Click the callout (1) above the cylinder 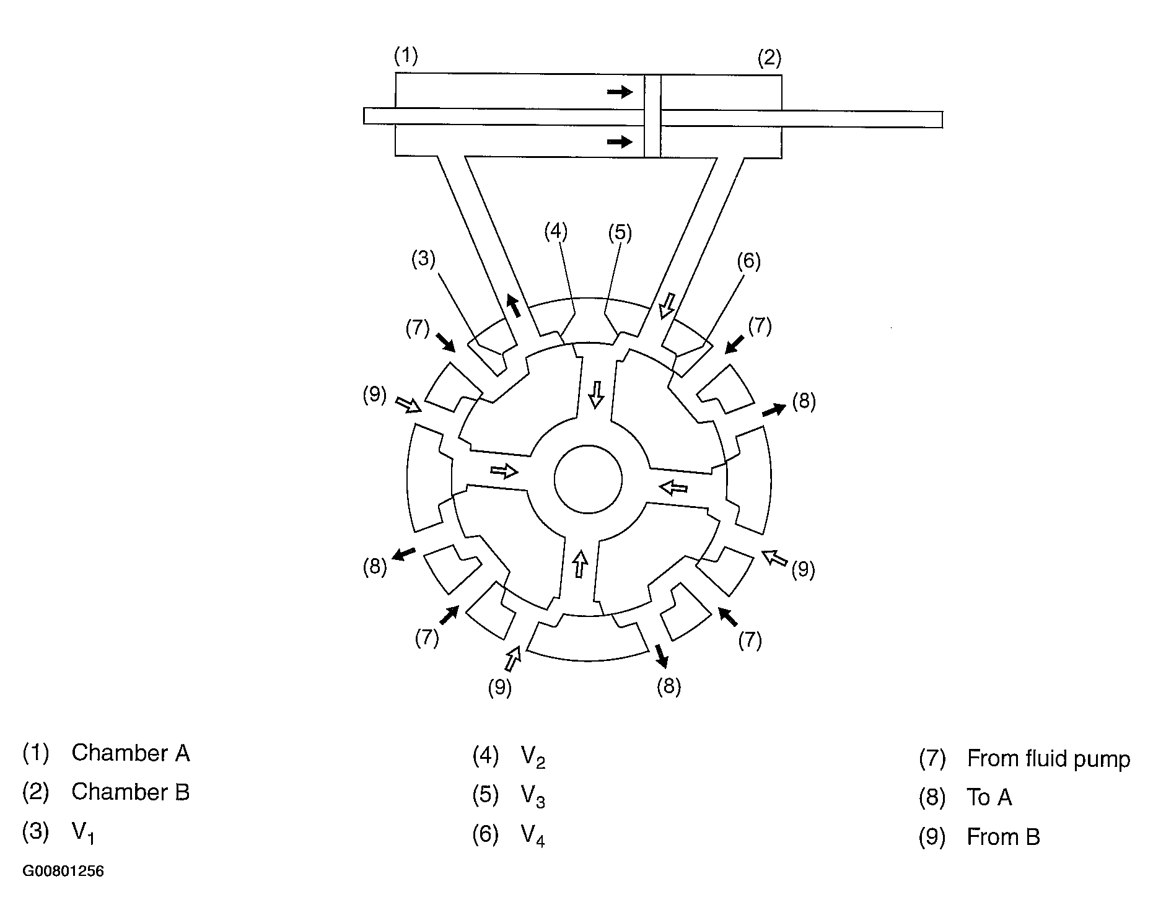[x=406, y=56]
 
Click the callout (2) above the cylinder [x=769, y=58]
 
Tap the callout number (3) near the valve [x=424, y=259]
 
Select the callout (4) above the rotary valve [x=556, y=231]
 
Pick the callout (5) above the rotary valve [x=620, y=233]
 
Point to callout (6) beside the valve [x=748, y=261]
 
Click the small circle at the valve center [x=588, y=479]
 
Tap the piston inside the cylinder [x=652, y=116]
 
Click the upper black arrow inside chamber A [x=620, y=92]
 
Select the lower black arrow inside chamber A [x=620, y=142]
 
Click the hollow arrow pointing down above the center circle [x=596, y=394]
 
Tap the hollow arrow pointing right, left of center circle [x=504, y=471]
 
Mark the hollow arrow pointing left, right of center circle [x=673, y=488]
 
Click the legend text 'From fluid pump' [x=1048, y=758]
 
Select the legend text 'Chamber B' [x=130, y=792]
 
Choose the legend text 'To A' [x=989, y=797]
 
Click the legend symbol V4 [x=532, y=837]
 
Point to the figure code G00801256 [x=63, y=871]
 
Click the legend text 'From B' [x=1003, y=837]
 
